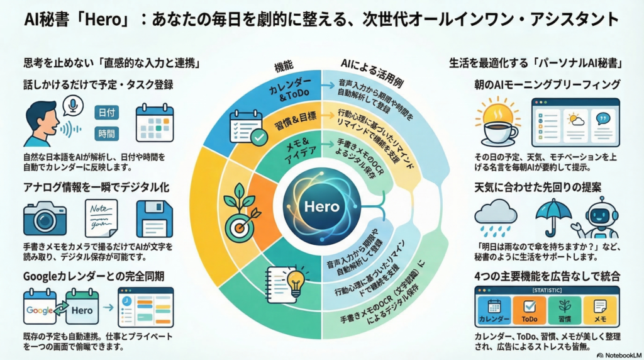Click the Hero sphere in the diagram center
pos(321,206)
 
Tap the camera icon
pos(45,218)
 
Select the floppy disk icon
pos(154,218)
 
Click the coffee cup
pos(501,132)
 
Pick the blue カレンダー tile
pos(493,312)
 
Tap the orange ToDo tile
pos(529,312)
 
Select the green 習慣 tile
pos(564,312)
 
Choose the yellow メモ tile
pos(599,312)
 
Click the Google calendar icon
pos(38,309)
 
